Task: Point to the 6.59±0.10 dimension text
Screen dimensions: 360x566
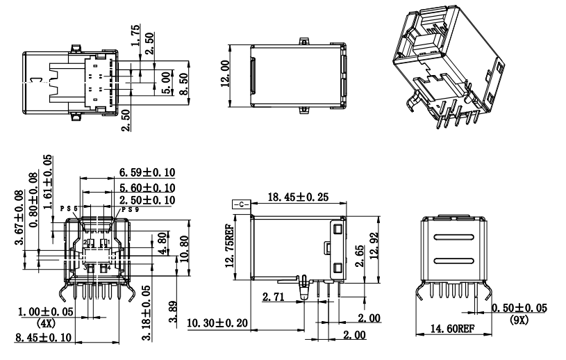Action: tap(147, 172)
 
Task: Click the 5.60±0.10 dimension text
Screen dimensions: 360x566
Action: tap(147, 187)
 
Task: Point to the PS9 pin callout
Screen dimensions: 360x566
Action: tap(129, 208)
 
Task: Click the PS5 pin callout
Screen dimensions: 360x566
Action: tap(70, 208)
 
